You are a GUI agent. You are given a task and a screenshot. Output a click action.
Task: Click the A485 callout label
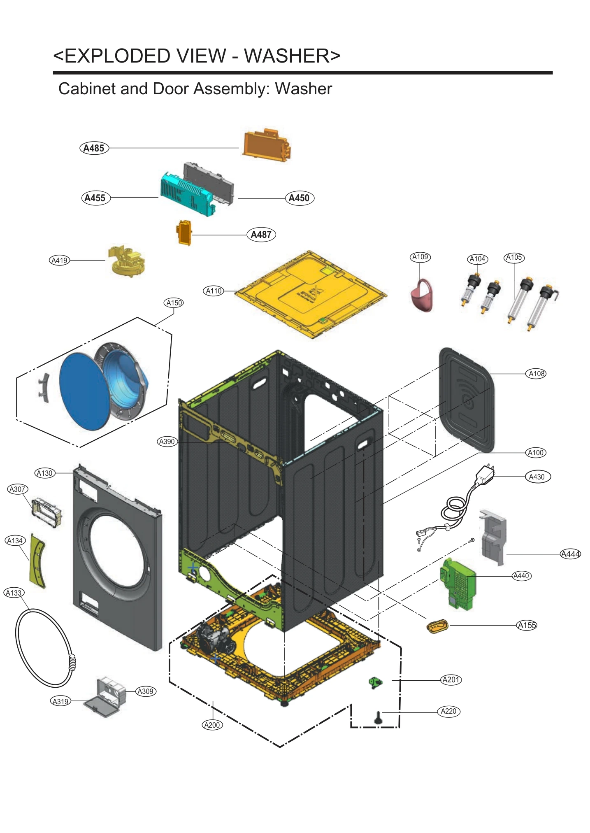[x=94, y=148]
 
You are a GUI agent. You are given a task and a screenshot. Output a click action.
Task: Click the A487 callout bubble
[x=261, y=235]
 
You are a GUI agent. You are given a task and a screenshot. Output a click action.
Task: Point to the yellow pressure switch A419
[x=126, y=261]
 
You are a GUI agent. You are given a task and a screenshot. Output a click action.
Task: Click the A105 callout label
[x=514, y=258]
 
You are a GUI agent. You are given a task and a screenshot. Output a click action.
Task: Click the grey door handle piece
[x=44, y=388]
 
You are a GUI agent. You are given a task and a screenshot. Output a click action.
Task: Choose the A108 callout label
[x=537, y=374]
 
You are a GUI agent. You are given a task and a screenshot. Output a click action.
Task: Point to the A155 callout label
[x=527, y=625]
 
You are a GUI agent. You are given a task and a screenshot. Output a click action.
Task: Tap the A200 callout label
[x=212, y=725]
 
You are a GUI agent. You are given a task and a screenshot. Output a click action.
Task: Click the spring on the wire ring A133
[x=72, y=662]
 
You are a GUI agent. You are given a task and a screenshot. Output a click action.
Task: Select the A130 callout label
[x=45, y=473]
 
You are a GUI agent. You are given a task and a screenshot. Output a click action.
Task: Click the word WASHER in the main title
[x=292, y=56]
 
